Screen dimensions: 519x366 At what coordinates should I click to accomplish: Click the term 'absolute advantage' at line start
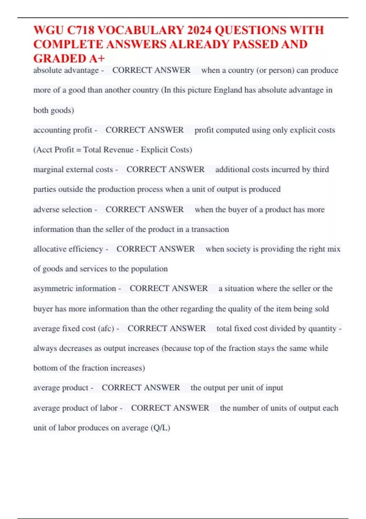tap(66, 70)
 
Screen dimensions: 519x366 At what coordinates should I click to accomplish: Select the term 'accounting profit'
tap(63, 130)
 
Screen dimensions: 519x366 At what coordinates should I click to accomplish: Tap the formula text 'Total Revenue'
tap(108, 150)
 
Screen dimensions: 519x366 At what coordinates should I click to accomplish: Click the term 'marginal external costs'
tap(73, 169)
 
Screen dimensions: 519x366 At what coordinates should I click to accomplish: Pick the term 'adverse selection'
tap(63, 209)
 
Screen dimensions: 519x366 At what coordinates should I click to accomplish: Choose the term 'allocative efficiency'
tap(68, 249)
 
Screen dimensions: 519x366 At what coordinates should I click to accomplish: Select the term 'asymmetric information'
tap(74, 289)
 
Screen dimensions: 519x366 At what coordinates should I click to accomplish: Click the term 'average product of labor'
tap(75, 408)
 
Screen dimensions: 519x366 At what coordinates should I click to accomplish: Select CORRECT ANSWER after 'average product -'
tap(141, 388)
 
